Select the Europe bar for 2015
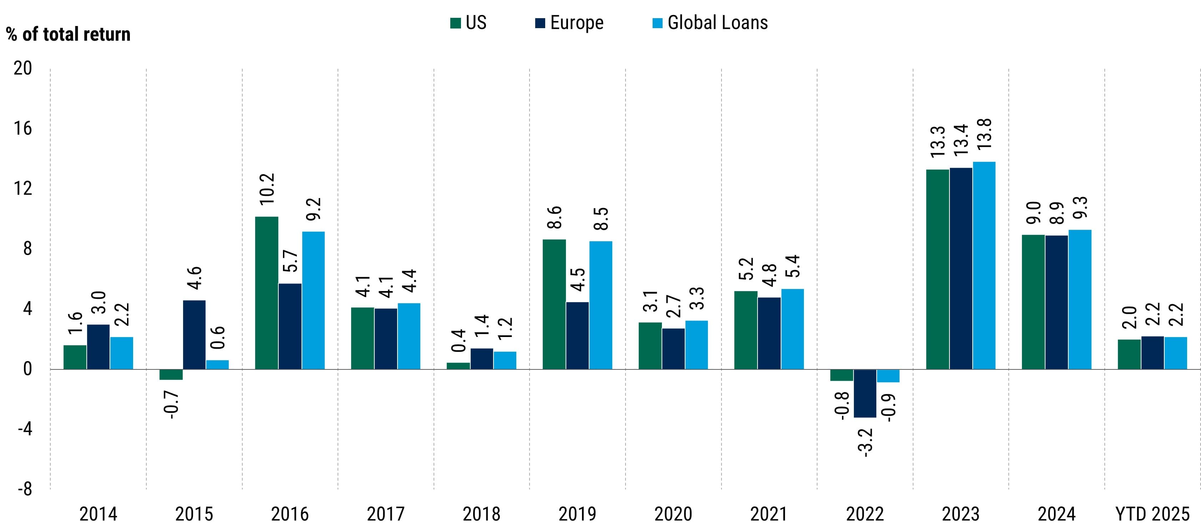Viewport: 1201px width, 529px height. [x=194, y=335]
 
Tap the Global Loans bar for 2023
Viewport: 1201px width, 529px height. [x=984, y=265]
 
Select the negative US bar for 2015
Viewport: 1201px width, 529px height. [x=171, y=374]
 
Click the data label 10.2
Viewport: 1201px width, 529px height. [x=268, y=189]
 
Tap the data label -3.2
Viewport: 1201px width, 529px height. [x=865, y=442]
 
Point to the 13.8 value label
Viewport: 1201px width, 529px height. [x=984, y=134]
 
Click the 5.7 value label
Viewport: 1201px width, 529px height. [x=290, y=261]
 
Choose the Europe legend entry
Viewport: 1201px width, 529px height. [x=576, y=23]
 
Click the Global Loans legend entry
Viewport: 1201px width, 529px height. [x=717, y=23]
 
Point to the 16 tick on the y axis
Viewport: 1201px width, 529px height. [x=23, y=129]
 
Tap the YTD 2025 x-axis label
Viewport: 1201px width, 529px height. [x=1152, y=514]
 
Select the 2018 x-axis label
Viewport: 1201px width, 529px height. [x=481, y=514]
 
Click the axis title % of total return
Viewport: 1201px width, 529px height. [x=69, y=35]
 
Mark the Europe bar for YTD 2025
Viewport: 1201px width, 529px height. [x=1152, y=353]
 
